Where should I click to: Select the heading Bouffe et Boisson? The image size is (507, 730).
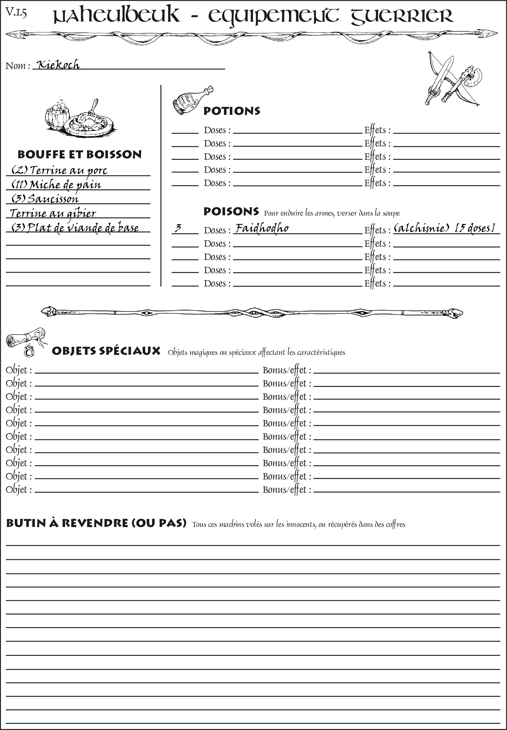(x=79, y=154)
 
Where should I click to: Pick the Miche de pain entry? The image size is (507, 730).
(x=56, y=185)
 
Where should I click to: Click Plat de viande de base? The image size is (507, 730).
(x=75, y=228)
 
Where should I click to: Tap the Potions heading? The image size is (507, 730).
(x=232, y=111)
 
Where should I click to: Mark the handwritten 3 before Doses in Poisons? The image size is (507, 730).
(x=178, y=228)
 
